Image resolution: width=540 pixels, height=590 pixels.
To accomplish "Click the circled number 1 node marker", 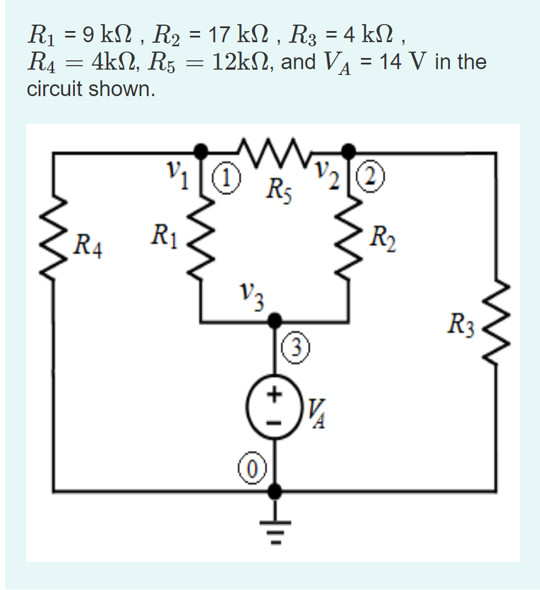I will [223, 175].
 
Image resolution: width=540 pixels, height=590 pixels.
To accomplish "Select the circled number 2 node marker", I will [370, 175].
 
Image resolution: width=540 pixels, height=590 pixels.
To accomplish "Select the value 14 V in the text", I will [401, 61].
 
